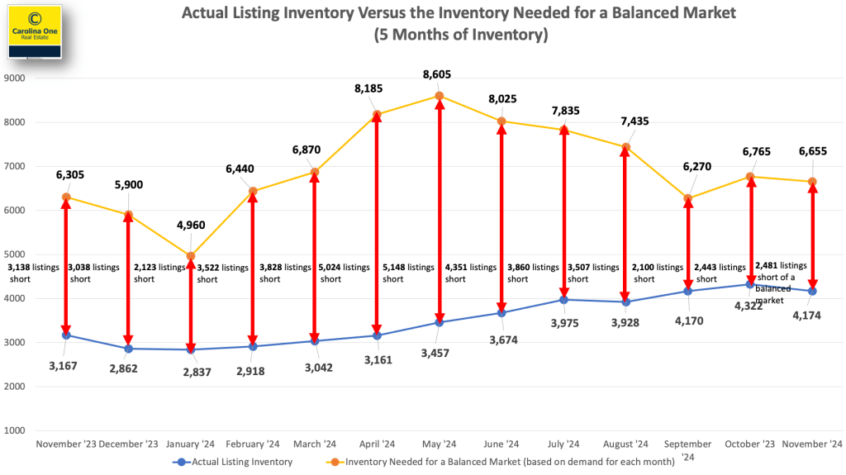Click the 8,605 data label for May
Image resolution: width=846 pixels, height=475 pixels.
pyautogui.click(x=438, y=75)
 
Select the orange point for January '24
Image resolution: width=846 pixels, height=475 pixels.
pyautogui.click(x=191, y=256)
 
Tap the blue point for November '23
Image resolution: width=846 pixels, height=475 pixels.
pyautogui.click(x=66, y=335)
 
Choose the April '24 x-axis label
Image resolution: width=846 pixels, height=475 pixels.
pyautogui.click(x=377, y=444)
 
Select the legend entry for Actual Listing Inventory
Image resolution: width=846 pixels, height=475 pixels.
pyautogui.click(x=232, y=462)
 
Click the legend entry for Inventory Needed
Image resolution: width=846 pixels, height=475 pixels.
pyautogui.click(x=503, y=462)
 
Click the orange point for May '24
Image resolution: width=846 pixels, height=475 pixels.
pyautogui.click(x=440, y=97)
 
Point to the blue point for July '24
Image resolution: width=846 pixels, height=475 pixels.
pyautogui.click(x=564, y=299)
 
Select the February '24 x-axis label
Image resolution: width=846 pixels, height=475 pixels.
pyautogui.click(x=252, y=444)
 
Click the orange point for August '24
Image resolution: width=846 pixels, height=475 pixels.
pyautogui.click(x=626, y=147)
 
